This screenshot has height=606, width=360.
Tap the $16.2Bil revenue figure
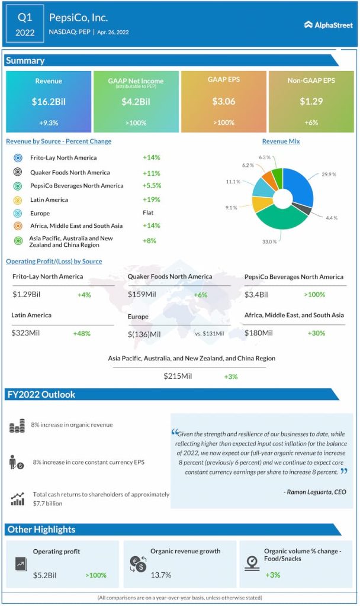tap(49, 101)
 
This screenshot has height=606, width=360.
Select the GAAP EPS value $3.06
tap(224, 101)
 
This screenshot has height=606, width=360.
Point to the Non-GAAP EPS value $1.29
tap(311, 101)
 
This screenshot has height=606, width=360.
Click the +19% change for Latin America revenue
tap(151, 199)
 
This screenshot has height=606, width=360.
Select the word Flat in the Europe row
tap(149, 213)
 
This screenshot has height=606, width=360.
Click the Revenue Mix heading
tap(281, 141)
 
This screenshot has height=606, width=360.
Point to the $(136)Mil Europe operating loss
tap(144, 334)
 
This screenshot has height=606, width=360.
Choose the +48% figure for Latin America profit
tap(82, 334)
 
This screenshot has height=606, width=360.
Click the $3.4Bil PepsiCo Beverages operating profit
tap(256, 295)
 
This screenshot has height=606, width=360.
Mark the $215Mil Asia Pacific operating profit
tap(178, 376)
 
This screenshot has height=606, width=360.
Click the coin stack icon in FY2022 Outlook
tap(17, 426)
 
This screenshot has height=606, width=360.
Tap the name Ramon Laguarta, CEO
tap(315, 492)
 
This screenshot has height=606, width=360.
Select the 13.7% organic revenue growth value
tap(160, 575)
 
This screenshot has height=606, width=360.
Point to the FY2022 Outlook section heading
tap(41, 395)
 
